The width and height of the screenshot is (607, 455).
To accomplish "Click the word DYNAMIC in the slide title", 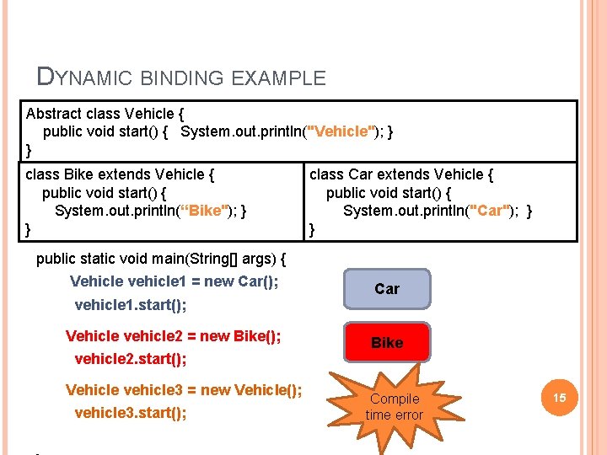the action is [x=85, y=78].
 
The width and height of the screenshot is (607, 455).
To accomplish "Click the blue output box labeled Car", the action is [x=387, y=289].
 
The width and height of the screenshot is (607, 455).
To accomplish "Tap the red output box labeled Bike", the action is [x=387, y=343].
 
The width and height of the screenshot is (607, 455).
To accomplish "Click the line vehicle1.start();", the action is [x=131, y=304].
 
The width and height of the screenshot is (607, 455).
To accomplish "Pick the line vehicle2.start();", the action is [x=131, y=359].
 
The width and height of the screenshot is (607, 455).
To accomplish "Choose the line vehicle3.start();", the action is [x=131, y=413].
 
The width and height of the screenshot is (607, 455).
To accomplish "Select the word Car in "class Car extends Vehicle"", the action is [x=360, y=174].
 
